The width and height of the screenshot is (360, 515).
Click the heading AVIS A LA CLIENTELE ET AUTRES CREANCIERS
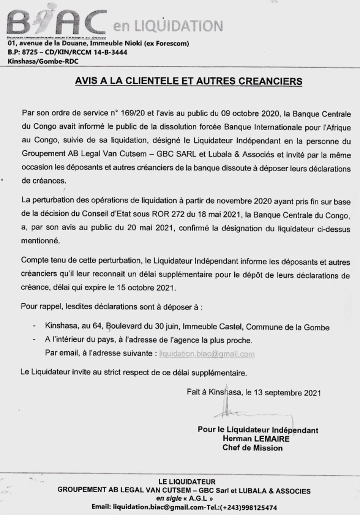click(188, 81)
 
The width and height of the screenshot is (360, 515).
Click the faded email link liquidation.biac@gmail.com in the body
click(207, 354)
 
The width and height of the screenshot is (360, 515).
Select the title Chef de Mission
click(253, 448)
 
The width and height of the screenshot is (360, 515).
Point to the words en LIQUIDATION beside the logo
click(168, 27)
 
